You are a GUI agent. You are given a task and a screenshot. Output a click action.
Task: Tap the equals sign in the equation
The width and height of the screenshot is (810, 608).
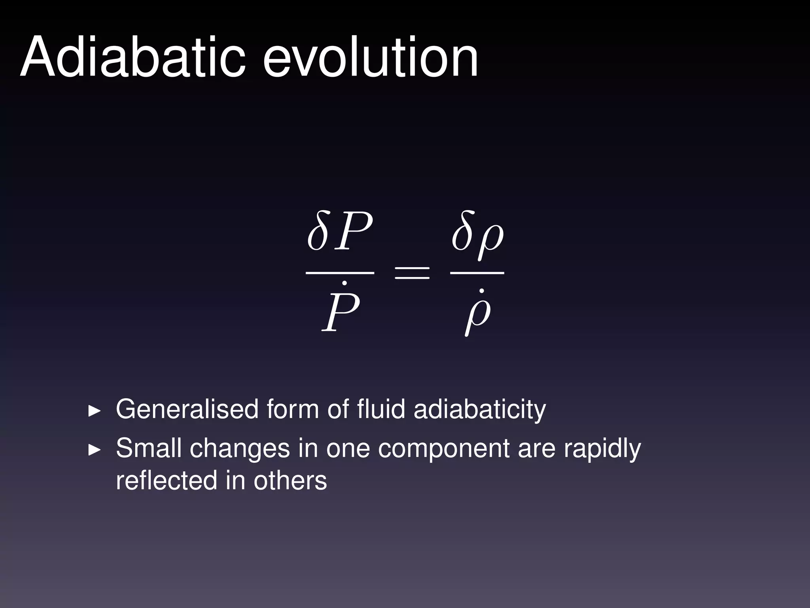tap(412, 272)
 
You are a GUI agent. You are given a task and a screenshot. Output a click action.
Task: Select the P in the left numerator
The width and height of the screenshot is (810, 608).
tap(353, 232)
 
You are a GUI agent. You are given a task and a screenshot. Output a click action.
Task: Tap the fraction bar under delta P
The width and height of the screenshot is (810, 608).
tap(340, 273)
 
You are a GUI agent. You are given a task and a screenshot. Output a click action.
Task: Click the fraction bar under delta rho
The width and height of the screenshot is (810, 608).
tap(477, 273)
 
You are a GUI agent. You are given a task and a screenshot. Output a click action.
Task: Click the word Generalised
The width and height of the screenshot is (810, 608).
tap(187, 409)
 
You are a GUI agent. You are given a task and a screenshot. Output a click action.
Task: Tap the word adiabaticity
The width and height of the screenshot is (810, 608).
tap(479, 410)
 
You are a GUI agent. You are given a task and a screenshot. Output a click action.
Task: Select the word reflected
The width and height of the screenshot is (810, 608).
tap(166, 480)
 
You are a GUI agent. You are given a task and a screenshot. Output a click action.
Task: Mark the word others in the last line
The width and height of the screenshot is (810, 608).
tap(290, 480)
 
